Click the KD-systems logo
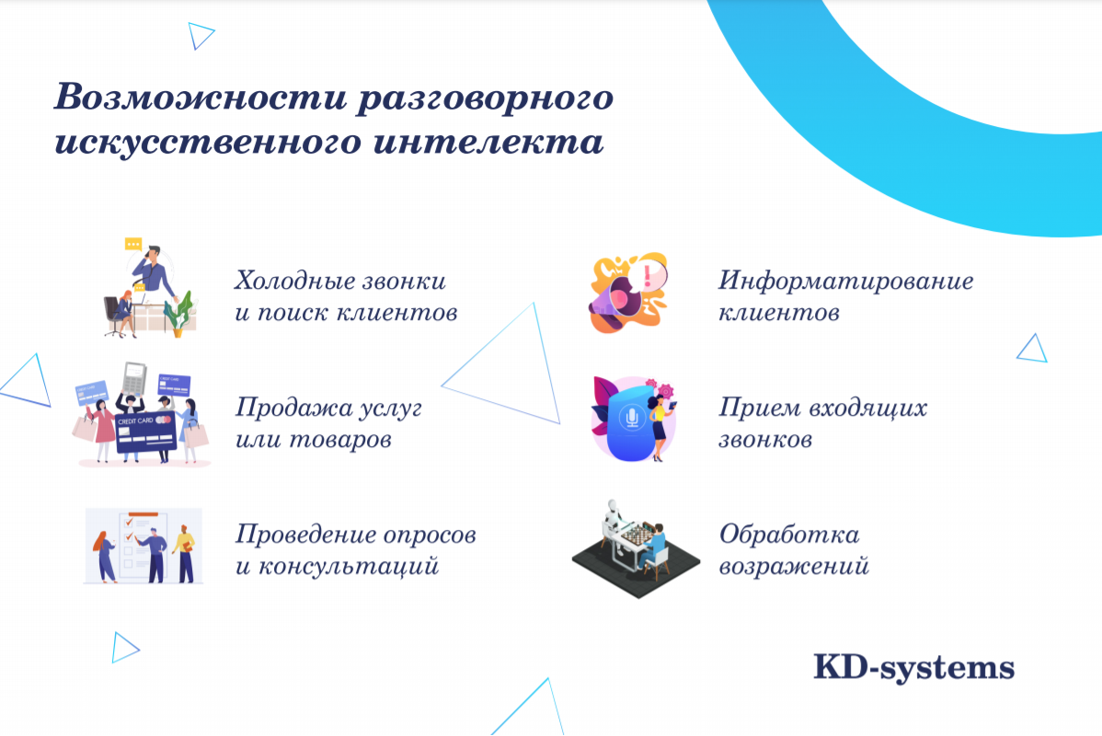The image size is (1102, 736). pos(913,667)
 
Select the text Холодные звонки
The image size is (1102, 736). pos(340,279)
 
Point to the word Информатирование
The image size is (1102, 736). pos(845,280)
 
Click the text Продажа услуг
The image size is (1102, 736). pos(328,407)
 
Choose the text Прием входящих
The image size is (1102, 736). pos(822,407)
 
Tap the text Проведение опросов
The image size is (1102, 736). pos(355,534)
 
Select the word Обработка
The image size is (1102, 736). pos(789,534)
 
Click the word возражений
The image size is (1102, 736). pos(793,566)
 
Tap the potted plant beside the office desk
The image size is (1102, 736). pos(180,313)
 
